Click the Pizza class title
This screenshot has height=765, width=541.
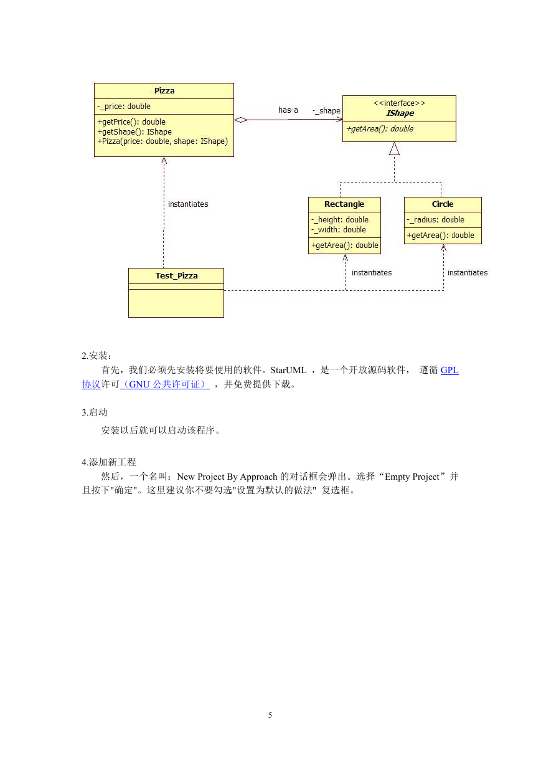click(x=164, y=90)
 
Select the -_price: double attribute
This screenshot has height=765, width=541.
click(x=123, y=106)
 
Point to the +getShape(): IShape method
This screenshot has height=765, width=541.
click(x=134, y=132)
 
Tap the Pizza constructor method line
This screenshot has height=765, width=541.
click(x=162, y=141)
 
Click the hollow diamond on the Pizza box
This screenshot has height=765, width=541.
click(x=241, y=120)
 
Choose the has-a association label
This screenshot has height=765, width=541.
click(x=288, y=110)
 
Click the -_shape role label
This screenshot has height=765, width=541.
click(x=327, y=111)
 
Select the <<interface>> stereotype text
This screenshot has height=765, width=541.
click(x=399, y=103)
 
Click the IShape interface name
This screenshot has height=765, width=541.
click(x=400, y=113)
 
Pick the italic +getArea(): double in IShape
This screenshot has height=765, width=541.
click(x=380, y=129)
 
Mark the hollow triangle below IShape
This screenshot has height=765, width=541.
click(x=394, y=148)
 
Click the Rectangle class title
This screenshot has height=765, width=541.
click(x=344, y=204)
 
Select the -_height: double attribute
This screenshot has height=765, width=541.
click(x=340, y=220)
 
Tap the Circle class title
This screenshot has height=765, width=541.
click(x=443, y=204)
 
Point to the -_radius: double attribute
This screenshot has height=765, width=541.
click(x=435, y=220)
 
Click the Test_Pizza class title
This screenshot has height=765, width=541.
click(x=176, y=275)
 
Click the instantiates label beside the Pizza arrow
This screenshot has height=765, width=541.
click(x=188, y=204)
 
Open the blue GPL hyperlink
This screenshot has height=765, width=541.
click(x=449, y=370)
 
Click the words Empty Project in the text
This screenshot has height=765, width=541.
click(x=412, y=477)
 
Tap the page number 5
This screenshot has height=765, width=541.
click(x=270, y=715)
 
